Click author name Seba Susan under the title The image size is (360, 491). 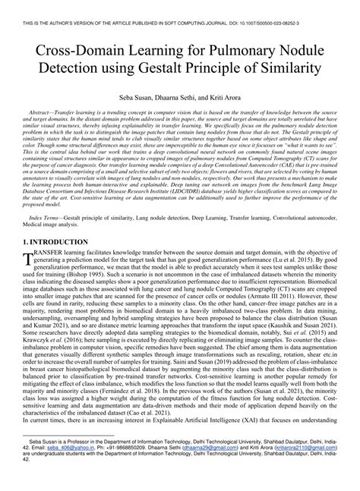tap(137, 99)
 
